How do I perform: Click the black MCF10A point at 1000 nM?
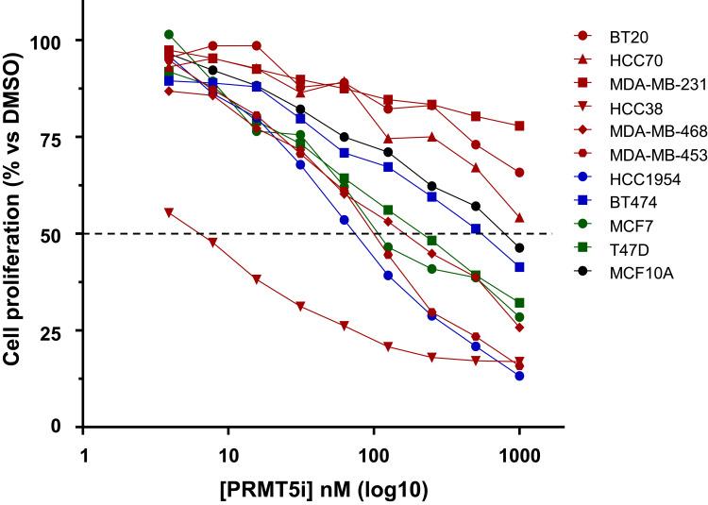(x=519, y=247)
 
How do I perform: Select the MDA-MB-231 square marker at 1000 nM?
(x=519, y=126)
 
